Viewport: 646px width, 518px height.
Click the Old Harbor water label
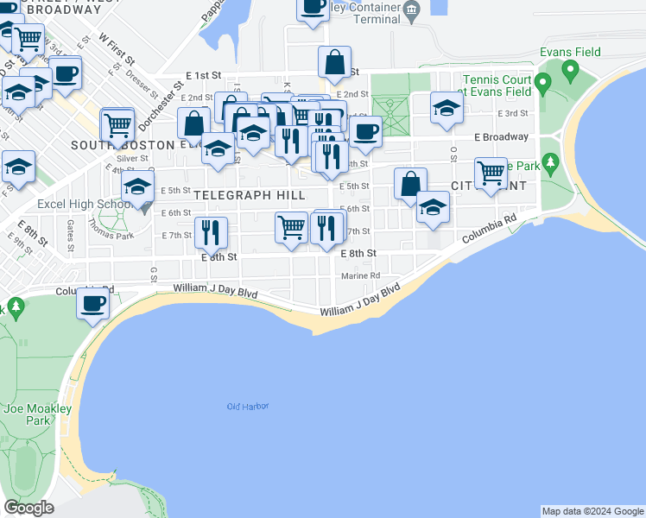[248, 406]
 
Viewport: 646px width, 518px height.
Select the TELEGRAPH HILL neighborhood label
[250, 196]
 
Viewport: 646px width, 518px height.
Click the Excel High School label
[82, 205]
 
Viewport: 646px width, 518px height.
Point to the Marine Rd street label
[360, 275]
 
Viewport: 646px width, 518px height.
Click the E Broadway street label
[501, 137]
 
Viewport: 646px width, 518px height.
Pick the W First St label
[117, 50]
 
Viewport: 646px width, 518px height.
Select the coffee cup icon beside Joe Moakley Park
[93, 304]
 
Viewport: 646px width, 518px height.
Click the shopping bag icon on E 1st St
[334, 62]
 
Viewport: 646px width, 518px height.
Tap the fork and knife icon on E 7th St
[211, 231]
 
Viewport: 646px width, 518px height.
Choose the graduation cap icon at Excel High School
[137, 189]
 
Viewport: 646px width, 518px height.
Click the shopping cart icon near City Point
[491, 172]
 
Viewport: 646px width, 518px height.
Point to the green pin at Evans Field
[571, 72]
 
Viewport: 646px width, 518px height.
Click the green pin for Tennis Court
[543, 85]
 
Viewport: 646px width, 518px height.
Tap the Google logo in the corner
[28, 508]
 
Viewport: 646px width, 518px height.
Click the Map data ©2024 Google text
[592, 511]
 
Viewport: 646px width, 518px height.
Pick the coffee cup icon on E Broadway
[365, 131]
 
